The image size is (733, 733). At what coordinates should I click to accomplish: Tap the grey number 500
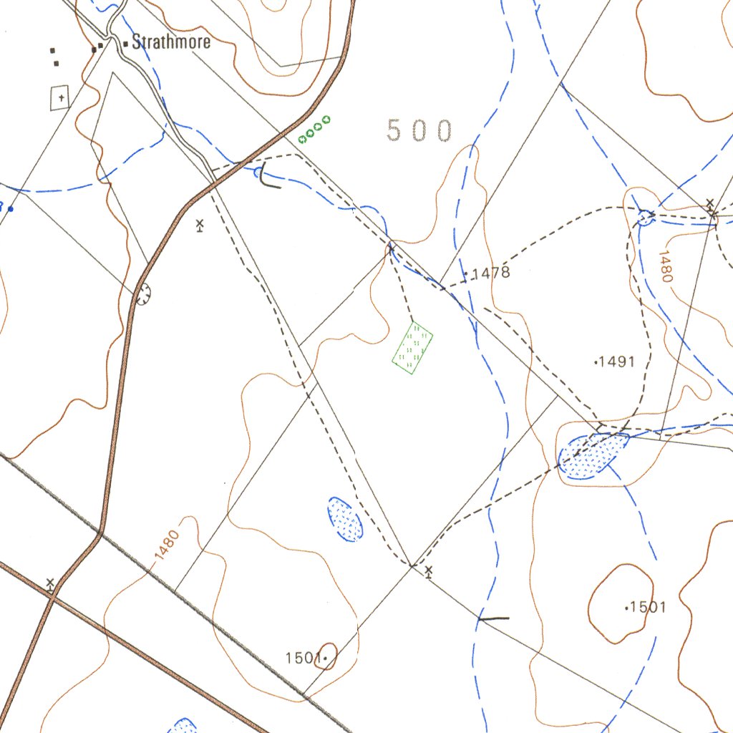tap(419, 131)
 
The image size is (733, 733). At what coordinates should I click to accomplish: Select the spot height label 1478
tap(490, 273)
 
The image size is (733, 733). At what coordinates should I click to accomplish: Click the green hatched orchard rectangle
tap(413, 348)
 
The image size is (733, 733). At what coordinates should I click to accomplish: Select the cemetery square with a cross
tap(60, 97)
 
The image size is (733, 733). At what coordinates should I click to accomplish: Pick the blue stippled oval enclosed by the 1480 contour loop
tap(345, 518)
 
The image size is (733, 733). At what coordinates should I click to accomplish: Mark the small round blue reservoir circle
tap(645, 216)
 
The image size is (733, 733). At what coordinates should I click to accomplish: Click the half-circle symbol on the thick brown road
tap(143, 293)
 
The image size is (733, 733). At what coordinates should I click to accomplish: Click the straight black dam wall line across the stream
tap(494, 618)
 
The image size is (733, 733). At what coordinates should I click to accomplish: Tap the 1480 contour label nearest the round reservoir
tap(666, 265)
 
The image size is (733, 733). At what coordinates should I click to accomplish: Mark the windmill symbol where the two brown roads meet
tap(50, 583)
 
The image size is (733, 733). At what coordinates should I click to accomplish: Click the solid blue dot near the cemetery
tap(11, 209)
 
